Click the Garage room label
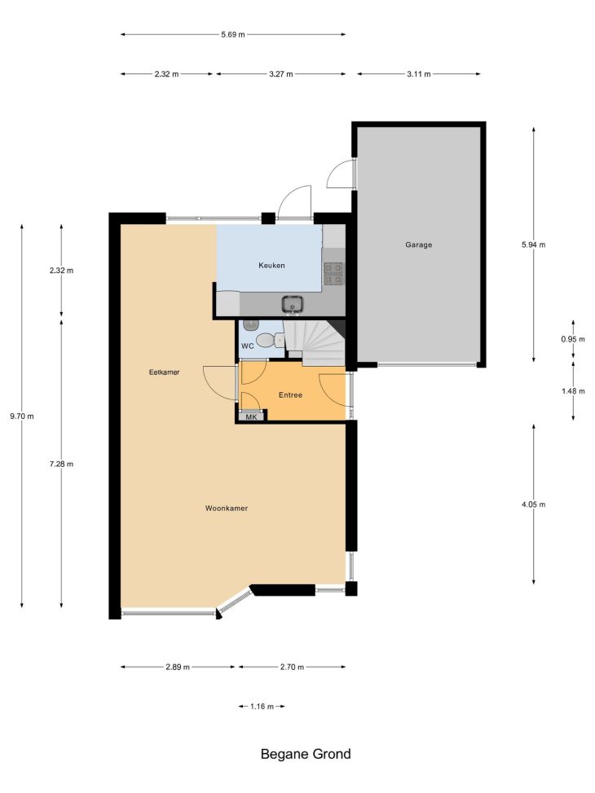[x=418, y=245]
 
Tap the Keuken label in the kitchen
[x=271, y=266]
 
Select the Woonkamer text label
[x=226, y=509]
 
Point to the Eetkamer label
[x=165, y=372]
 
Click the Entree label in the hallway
[x=290, y=395]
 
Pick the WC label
[x=248, y=346]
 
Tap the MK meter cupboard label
[x=252, y=417]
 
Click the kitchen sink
[x=293, y=304]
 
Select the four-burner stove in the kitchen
[x=333, y=273]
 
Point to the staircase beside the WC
[x=314, y=342]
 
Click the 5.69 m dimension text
[x=233, y=34]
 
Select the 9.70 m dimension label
[x=22, y=416]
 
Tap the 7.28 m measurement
[x=61, y=464]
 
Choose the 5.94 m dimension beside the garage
[x=534, y=245]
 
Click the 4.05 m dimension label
[x=534, y=504]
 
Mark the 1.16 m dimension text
[x=262, y=707]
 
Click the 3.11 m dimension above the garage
[x=418, y=74]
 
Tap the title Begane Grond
[x=306, y=754]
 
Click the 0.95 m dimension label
[x=573, y=339]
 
